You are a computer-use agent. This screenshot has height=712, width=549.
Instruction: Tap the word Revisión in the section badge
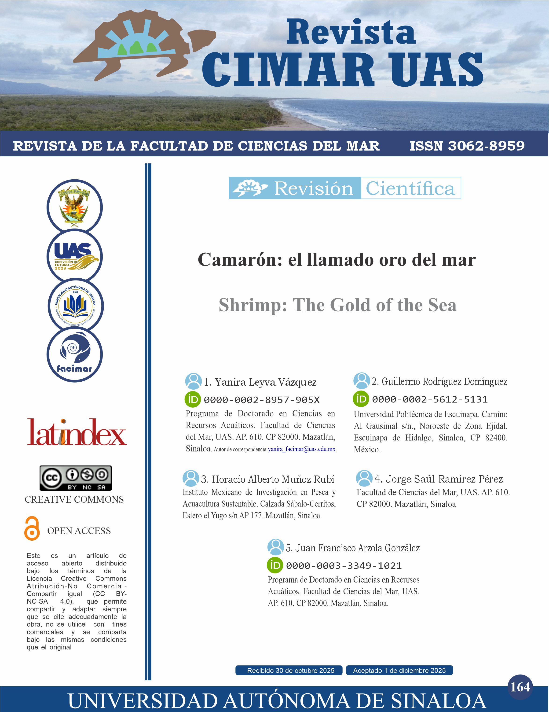[x=313, y=188]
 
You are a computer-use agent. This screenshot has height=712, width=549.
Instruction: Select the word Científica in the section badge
[x=410, y=188]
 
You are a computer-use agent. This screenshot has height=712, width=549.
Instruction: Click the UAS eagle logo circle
[x=75, y=256]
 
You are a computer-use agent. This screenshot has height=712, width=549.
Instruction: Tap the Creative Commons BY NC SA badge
[x=76, y=478]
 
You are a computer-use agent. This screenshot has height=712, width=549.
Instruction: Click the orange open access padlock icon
[x=32, y=528]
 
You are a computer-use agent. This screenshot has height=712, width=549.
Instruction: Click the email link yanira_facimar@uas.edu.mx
[x=301, y=449]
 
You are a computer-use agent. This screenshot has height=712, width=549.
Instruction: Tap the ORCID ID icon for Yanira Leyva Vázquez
[x=193, y=399]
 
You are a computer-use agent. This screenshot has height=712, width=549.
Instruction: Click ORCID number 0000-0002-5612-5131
[x=429, y=399]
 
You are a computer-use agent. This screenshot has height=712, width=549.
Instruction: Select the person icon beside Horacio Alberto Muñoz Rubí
[x=190, y=479]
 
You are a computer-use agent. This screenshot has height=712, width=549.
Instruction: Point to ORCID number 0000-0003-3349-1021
[x=344, y=566]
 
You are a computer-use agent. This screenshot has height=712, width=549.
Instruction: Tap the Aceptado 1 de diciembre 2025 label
[x=399, y=670]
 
